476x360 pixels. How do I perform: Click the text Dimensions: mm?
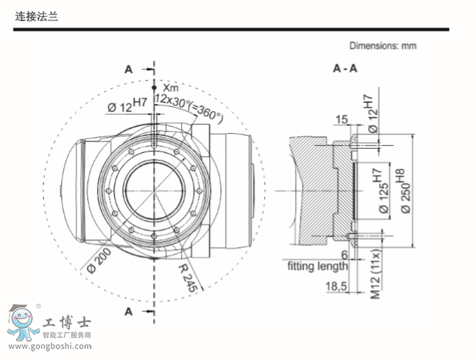pyautogui.click(x=384, y=46)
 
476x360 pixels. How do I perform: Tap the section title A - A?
pyautogui.click(x=344, y=68)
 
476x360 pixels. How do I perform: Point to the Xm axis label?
pyautogui.click(x=170, y=87)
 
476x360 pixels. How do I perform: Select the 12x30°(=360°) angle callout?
pyautogui.click(x=188, y=106)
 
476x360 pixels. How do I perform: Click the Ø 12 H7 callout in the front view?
pyautogui.click(x=127, y=106)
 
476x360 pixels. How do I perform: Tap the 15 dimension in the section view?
pyautogui.click(x=341, y=120)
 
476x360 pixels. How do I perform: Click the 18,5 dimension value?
pyautogui.click(x=337, y=287)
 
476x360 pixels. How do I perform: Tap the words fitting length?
pyautogui.click(x=318, y=266)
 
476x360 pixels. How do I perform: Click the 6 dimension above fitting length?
pyautogui.click(x=344, y=254)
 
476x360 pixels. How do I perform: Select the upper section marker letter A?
pyautogui.click(x=129, y=68)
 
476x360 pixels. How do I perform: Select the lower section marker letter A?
pyautogui.click(x=129, y=310)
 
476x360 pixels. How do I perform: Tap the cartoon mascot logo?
pyautogui.click(x=24, y=323)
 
